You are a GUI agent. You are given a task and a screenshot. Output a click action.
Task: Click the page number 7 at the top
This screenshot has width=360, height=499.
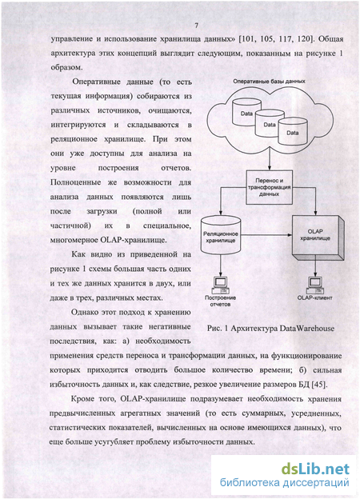pos(196,26)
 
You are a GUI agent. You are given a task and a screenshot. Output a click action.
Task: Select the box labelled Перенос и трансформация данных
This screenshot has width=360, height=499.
pos(269,187)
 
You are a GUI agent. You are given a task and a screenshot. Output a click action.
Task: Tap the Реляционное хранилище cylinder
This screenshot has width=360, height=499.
pos(220,235)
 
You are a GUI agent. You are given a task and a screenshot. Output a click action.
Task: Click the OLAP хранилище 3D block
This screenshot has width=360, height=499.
pos(318,236)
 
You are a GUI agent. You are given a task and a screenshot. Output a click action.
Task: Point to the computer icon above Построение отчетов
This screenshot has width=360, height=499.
pos(220,285)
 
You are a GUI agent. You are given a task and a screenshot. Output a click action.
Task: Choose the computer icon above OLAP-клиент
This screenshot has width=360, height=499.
pos(314,285)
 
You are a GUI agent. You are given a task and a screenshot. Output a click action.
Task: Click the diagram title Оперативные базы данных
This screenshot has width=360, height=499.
pos(269,82)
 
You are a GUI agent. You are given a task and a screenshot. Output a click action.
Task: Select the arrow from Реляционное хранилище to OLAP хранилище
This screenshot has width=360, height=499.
pos(266,235)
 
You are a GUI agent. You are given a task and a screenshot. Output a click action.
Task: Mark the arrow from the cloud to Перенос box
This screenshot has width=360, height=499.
pos(270,158)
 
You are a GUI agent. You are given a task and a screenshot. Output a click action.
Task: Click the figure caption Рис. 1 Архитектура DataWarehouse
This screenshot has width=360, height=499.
pos(270,328)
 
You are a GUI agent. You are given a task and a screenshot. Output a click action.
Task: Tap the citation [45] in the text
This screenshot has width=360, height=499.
pos(319,385)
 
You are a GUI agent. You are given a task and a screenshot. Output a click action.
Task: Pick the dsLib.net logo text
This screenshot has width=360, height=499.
pos(315,469)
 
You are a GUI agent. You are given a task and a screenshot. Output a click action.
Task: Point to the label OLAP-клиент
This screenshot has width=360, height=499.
pos(314,298)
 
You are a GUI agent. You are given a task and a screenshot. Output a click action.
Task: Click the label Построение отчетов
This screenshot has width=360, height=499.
pos(220,301)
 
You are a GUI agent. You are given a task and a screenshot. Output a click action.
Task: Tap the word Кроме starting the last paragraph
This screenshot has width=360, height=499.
pos(82,399)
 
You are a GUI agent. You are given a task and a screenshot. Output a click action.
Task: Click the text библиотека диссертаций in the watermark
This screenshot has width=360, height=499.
pos(284,483)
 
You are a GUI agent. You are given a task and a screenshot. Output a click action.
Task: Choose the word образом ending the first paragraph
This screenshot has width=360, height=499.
pos(67,67)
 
